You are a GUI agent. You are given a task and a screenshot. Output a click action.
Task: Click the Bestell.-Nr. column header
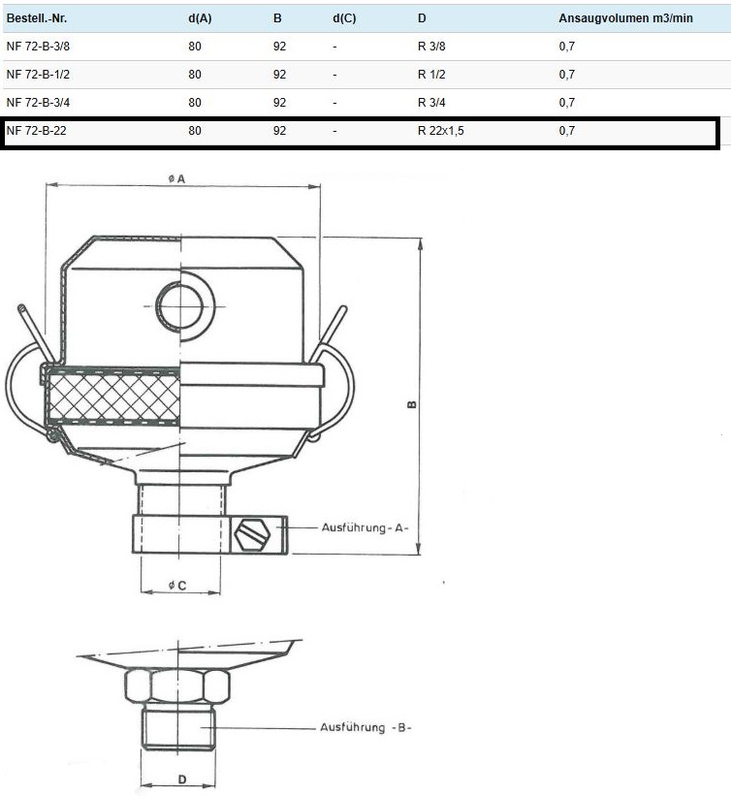(37, 18)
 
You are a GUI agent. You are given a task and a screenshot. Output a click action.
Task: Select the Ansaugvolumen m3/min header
(625, 18)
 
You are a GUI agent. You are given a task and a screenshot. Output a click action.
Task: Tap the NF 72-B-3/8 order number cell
(38, 47)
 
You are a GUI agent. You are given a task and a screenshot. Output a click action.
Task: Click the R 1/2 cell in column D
(431, 75)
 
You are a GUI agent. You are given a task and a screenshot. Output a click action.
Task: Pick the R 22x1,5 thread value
(440, 131)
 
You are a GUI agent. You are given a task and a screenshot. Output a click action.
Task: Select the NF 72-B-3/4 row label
(38, 103)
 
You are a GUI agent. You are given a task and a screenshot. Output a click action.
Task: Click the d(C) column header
(344, 18)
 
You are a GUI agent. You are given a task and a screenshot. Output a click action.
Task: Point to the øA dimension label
(177, 178)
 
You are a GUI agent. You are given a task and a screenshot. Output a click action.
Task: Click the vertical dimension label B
(412, 404)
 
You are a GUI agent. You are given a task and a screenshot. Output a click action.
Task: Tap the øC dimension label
(177, 586)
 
